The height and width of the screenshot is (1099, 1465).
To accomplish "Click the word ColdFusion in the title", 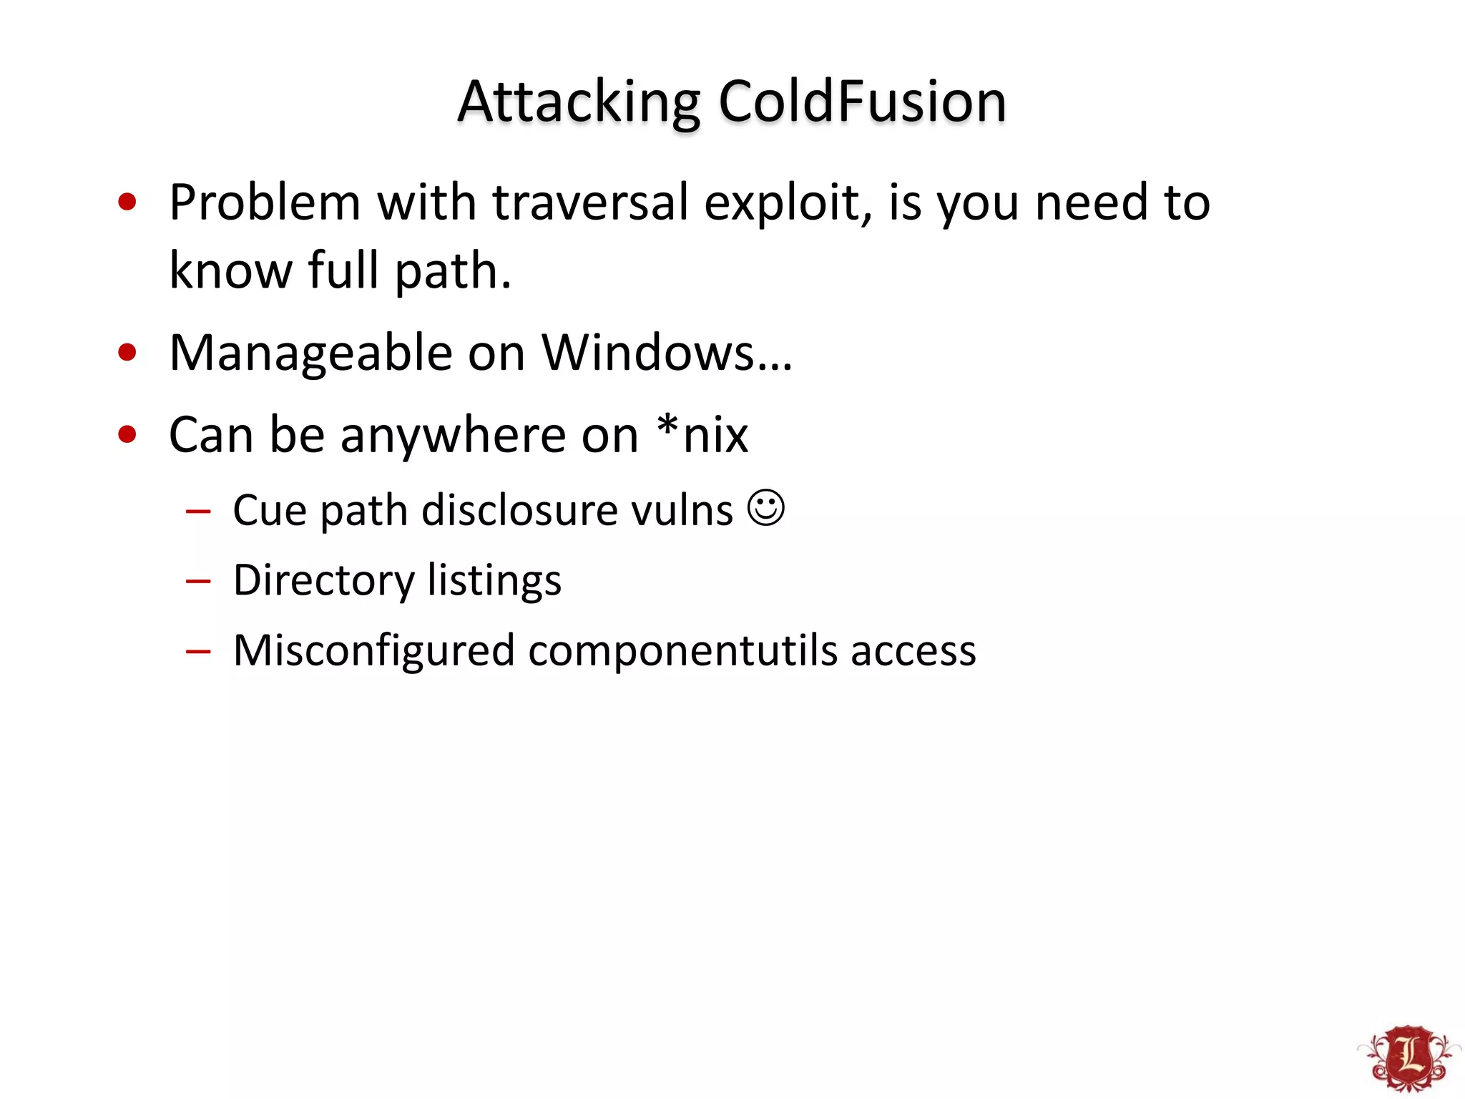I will (862, 102).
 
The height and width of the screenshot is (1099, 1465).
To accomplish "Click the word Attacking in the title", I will (579, 102).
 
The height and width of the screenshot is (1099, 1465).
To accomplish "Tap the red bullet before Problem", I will (127, 202).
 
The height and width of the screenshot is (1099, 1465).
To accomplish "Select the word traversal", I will (591, 202).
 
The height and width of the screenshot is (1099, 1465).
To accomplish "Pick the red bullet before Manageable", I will (127, 353).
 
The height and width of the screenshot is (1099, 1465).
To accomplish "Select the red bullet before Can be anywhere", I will (127, 434).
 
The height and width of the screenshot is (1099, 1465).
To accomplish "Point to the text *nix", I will (703, 434).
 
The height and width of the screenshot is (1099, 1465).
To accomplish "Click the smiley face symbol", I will (766, 508).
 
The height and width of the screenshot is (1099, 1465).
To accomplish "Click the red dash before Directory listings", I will (198, 581).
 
